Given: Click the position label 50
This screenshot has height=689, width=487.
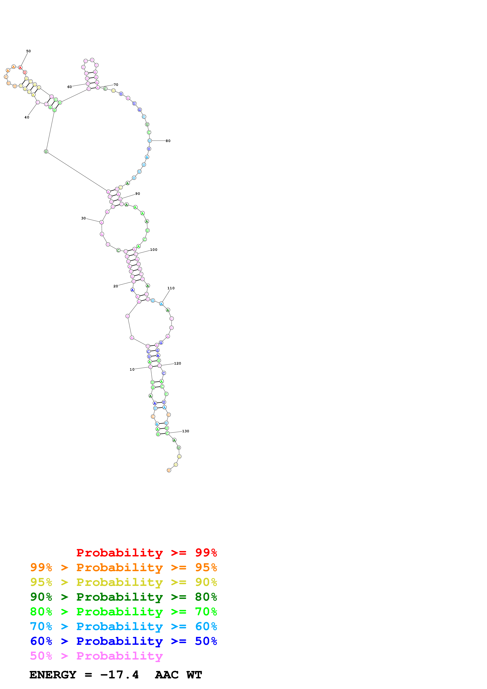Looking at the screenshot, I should [28, 51].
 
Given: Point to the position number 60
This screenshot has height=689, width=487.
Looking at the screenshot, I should [70, 87].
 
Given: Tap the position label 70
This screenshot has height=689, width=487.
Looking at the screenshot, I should [116, 85].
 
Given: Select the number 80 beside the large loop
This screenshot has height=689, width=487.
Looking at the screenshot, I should [168, 141].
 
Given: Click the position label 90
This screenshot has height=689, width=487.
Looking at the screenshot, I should [138, 193].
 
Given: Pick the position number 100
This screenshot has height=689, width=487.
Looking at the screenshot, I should [154, 250].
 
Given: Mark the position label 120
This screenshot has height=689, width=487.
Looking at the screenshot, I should [178, 363].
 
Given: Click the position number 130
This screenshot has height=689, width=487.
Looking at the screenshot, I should [186, 431].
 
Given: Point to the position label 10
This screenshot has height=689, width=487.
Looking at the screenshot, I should [132, 369].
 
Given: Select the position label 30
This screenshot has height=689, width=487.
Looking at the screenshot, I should [83, 218].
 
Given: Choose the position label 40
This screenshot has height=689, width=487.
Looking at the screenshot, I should [27, 117].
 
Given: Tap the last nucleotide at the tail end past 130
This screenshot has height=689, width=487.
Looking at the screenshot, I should [169, 470].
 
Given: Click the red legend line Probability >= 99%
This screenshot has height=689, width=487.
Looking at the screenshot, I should [146, 552].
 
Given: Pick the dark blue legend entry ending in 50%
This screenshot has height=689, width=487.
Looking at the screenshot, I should [123, 641].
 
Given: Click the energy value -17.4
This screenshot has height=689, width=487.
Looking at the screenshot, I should [119, 675].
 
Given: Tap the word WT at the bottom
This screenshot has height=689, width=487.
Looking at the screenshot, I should [194, 675].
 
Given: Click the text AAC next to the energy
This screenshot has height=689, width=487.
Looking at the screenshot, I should [167, 675].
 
